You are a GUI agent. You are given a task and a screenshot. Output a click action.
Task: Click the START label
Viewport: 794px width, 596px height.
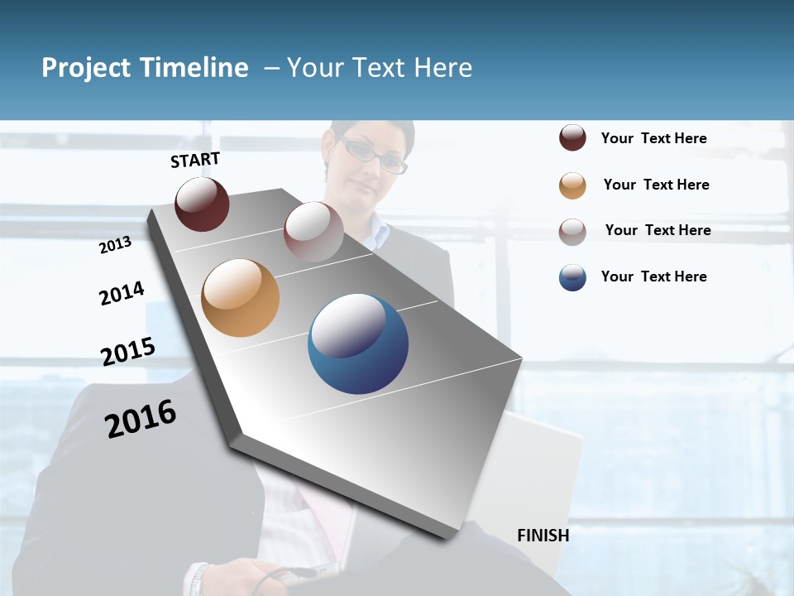pos(195,160)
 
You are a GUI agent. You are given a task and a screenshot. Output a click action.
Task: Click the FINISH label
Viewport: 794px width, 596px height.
pos(543,536)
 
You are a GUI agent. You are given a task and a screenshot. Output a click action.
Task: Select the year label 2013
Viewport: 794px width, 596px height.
pos(115,245)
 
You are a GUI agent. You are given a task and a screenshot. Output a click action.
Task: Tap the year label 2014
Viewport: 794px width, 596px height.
pos(122,293)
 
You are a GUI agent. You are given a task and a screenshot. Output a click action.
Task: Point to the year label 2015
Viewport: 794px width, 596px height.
pos(128,352)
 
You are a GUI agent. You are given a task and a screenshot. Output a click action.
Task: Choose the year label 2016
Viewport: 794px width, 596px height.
pos(141,419)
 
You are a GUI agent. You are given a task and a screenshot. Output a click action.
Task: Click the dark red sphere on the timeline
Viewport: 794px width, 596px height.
pos(202,204)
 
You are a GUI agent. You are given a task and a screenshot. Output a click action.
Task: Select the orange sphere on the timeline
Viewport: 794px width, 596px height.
pos(240,298)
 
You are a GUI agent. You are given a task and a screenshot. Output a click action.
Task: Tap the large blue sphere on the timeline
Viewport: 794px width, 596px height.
pos(358,344)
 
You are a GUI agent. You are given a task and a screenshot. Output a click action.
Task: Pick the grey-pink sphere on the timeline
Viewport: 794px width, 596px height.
pos(313,231)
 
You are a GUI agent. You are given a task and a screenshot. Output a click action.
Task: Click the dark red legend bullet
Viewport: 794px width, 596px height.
pos(572,138)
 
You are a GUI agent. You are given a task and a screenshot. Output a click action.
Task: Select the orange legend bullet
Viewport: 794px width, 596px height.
pos(572,185)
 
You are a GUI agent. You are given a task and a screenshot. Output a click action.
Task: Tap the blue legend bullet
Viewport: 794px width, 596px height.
pos(572,277)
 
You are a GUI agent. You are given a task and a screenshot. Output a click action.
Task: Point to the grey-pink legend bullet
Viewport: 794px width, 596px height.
pos(572,231)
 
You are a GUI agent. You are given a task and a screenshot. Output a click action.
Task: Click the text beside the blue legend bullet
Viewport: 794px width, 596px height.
pos(653,276)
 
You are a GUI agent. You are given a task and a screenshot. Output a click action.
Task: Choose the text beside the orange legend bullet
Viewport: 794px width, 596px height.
pos(656,185)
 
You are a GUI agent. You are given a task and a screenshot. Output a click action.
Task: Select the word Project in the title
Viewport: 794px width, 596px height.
pos(86,68)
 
